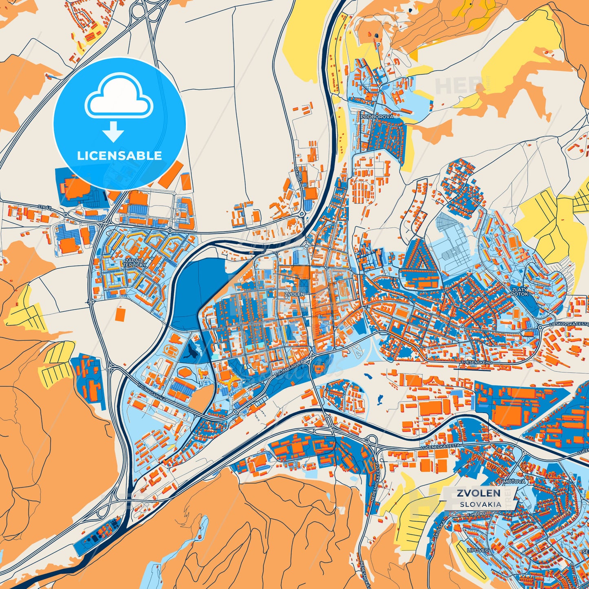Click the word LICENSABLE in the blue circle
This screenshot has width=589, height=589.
coord(119,156)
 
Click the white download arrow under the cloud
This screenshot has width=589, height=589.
coord(113,131)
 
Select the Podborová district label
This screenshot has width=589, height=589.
coord(377,117)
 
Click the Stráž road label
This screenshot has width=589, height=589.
coord(44,207)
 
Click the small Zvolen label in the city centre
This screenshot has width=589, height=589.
coord(294,294)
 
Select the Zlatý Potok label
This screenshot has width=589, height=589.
coord(519,291)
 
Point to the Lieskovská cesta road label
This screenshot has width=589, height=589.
coord(569,323)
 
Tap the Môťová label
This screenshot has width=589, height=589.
coord(513,481)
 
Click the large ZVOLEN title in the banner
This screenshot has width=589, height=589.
coord(478,493)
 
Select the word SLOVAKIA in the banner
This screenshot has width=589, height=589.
coord(481,504)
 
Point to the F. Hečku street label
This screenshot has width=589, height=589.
coord(477,514)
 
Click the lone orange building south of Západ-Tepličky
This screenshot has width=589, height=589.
coord(121,314)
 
